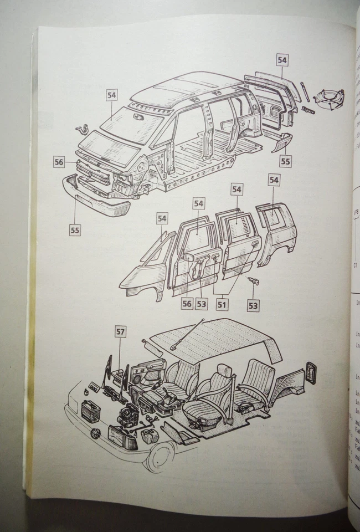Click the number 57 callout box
point(120,332)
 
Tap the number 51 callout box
point(222,304)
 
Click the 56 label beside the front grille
point(59,162)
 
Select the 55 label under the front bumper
point(75,229)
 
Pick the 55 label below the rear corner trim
point(285,161)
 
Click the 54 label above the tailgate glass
point(282,60)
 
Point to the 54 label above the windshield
point(112,95)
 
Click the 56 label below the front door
point(187,304)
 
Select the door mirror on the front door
point(189,257)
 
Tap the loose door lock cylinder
point(253,282)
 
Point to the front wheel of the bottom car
point(161,457)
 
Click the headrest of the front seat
point(223,371)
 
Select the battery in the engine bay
point(90,411)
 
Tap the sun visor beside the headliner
point(153,348)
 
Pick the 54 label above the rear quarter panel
point(274,180)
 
